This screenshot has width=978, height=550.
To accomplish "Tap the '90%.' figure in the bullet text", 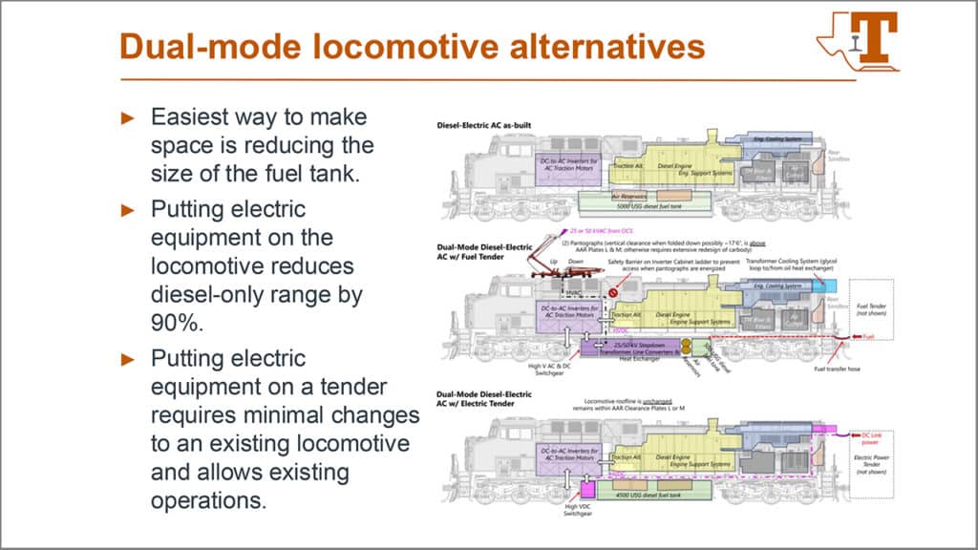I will point(178,323).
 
